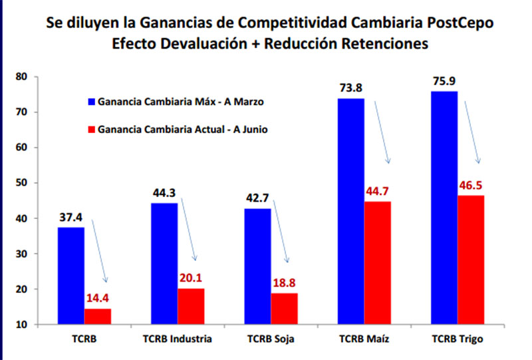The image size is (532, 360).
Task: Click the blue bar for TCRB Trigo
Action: click(444, 208)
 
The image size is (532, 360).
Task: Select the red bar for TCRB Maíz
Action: click(377, 263)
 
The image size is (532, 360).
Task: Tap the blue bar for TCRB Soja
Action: click(257, 266)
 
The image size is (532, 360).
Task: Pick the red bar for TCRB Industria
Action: click(191, 306)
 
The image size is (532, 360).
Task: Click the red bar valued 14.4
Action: click(98, 317)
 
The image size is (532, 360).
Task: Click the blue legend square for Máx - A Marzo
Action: click(92, 103)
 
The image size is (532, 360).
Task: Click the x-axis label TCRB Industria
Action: click(178, 339)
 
